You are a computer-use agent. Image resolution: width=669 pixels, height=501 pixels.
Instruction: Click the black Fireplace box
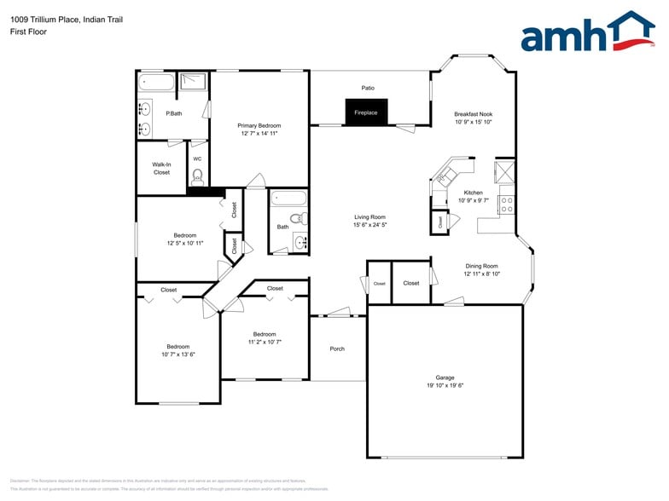[x=366, y=112]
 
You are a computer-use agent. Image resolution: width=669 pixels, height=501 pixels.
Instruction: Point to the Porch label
[x=337, y=348]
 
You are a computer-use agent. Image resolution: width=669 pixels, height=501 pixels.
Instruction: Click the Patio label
[x=368, y=88]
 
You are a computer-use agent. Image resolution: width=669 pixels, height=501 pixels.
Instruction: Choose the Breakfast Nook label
[x=473, y=114]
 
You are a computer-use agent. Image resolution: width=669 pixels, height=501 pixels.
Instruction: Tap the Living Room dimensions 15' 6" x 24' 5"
[x=370, y=225]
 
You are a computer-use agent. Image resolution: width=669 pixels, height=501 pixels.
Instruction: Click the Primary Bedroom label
[x=259, y=125]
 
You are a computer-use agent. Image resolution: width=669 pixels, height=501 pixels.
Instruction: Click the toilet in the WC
[x=197, y=177]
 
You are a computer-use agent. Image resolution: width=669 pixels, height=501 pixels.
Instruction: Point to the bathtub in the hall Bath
[x=286, y=201]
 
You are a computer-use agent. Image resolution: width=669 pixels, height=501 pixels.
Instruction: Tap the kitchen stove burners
[x=506, y=204]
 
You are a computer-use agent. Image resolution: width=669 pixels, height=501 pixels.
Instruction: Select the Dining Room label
[x=481, y=266]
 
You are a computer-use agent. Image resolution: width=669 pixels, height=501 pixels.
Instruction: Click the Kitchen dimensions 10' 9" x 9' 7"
[x=473, y=201]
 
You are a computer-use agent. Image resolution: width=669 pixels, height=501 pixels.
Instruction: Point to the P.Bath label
[x=173, y=113]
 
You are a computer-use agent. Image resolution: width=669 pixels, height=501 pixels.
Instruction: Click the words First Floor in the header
[x=29, y=32]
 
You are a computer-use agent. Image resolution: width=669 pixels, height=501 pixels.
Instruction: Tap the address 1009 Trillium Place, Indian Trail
[x=67, y=19]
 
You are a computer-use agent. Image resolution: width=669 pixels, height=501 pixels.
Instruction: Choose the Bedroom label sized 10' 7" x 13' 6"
[x=177, y=347]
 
